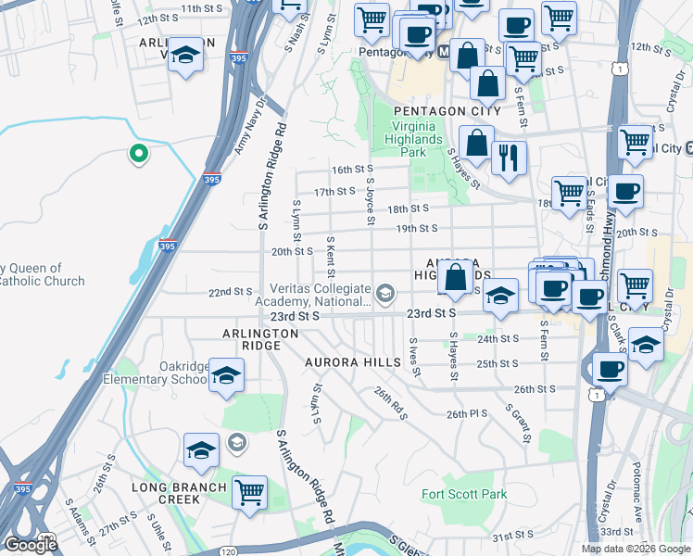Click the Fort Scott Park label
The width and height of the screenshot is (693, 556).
pos(464,494)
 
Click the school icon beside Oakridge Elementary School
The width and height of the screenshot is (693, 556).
pos(225,376)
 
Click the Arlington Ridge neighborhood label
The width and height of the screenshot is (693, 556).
pos(260,339)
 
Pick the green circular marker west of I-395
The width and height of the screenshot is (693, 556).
pos(139,154)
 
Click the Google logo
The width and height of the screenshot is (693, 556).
pos(31,545)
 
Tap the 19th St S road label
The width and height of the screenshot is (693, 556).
pos(416,228)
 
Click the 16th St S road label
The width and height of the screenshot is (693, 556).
pos(351,170)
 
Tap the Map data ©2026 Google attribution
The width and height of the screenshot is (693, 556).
pos(636,549)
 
